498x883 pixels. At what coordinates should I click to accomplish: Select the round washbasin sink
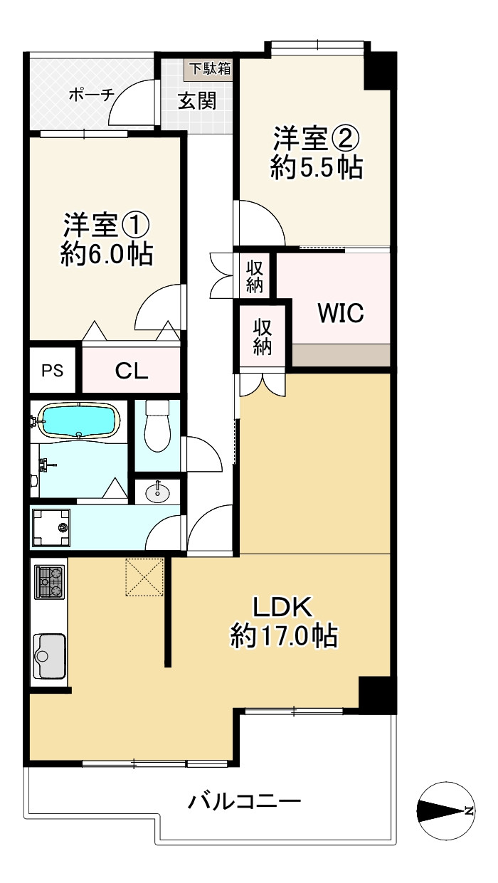(157, 492)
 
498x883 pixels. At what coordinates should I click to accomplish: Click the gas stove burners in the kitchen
(49, 582)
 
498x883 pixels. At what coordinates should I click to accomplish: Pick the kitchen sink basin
(50, 656)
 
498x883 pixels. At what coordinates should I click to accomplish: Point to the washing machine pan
(51, 527)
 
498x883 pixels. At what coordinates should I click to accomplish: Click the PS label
(53, 371)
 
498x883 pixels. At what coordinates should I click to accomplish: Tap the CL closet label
(132, 371)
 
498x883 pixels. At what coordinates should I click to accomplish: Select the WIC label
(341, 313)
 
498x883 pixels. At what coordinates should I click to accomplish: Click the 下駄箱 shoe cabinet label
(210, 68)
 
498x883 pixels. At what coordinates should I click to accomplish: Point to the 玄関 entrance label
(197, 101)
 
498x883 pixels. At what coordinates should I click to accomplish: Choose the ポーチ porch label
(92, 95)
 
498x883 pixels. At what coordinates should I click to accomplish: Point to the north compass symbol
(446, 810)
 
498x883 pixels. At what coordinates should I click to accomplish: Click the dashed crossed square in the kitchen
(144, 577)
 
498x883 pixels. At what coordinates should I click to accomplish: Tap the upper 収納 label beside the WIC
(255, 277)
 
